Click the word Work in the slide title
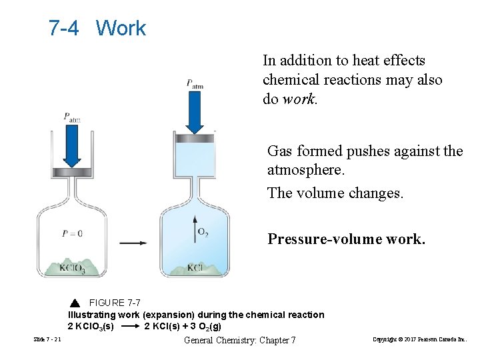[121, 28]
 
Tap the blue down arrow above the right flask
[195, 113]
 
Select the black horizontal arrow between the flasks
[134, 243]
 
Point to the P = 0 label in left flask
[71, 233]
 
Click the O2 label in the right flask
[203, 232]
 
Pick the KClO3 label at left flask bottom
[72, 268]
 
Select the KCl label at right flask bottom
[195, 268]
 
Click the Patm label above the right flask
[195, 84]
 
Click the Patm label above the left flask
[72, 117]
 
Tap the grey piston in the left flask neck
[71, 171]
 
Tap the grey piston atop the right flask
[195, 138]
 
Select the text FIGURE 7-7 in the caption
[115, 303]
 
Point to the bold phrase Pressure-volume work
[346, 239]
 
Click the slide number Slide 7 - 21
[47, 340]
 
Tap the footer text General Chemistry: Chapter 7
[239, 340]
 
